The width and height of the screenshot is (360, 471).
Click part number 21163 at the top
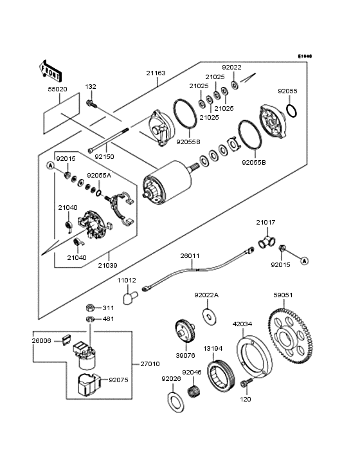pyautogui.click(x=155, y=73)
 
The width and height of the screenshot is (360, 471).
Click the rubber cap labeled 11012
pyautogui.click(x=132, y=298)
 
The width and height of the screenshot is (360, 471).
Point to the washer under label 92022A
pyautogui.click(x=209, y=316)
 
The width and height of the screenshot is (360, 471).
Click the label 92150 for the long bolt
pyautogui.click(x=105, y=156)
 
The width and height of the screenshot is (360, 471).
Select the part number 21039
pyautogui.click(x=108, y=264)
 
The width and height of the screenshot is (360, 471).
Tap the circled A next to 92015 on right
pyautogui.click(x=305, y=261)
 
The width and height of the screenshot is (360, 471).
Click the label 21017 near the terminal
pyautogui.click(x=265, y=222)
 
